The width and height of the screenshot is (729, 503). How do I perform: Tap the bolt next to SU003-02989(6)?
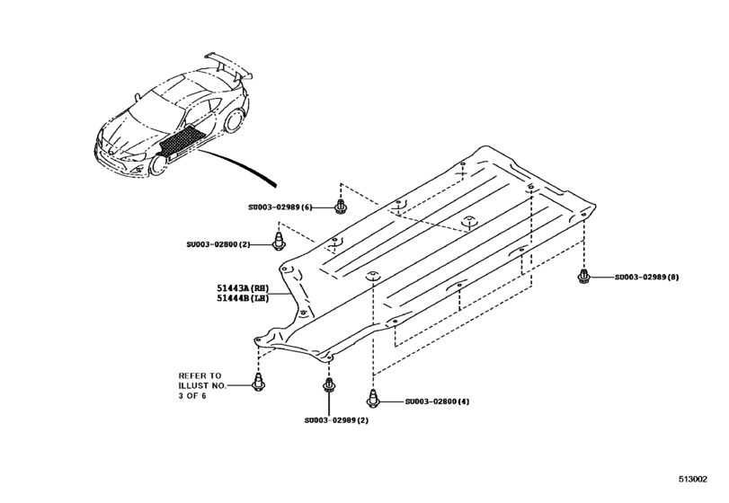pyautogui.click(x=341, y=207)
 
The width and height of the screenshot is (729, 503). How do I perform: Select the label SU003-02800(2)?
pyautogui.click(x=225, y=243)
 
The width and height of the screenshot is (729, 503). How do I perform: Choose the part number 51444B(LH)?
pyautogui.click(x=244, y=299)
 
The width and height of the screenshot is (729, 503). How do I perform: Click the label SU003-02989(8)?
pyautogui.click(x=647, y=278)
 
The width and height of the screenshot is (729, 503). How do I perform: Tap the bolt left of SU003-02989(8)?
pyautogui.click(x=584, y=276)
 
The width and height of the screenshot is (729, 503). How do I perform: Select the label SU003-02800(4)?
pyautogui.click(x=438, y=402)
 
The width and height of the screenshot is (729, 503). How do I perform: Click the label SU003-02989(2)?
pyautogui.click(x=334, y=419)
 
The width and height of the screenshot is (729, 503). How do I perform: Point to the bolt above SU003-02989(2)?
pyautogui.click(x=327, y=389)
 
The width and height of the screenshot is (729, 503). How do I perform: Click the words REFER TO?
pyautogui.click(x=200, y=375)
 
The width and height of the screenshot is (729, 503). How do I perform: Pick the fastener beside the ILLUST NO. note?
pyautogui.click(x=258, y=384)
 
